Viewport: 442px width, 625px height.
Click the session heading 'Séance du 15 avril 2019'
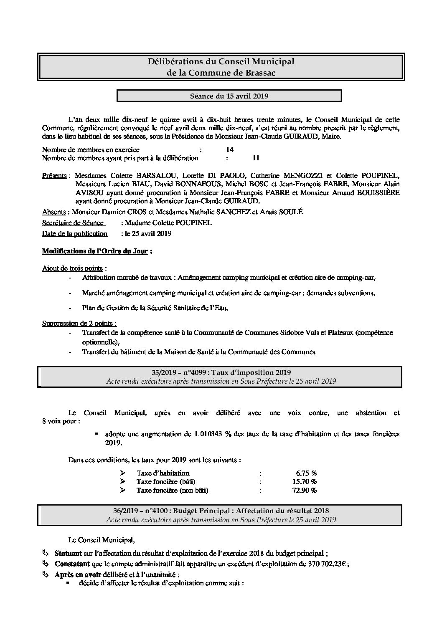(x=229, y=96)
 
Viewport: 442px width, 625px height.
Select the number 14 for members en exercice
(x=229, y=149)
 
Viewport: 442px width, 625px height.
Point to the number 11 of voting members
(x=256, y=158)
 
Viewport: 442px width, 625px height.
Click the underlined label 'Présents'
(x=54, y=175)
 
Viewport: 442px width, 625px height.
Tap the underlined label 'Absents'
(x=54, y=212)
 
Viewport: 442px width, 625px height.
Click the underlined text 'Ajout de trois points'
(x=73, y=268)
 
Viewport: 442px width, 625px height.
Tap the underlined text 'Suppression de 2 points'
(x=78, y=324)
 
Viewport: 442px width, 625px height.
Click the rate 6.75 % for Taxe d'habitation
(x=306, y=473)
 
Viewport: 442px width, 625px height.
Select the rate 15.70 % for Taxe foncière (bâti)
(x=305, y=482)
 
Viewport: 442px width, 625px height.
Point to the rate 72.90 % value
(x=305, y=491)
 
